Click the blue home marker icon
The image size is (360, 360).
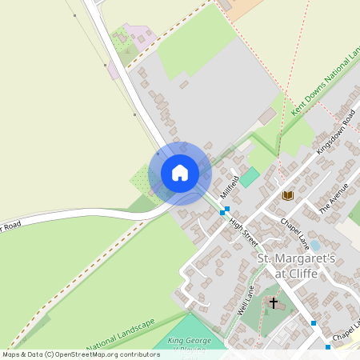pos(180,173)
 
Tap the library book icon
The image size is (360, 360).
pos(287,195)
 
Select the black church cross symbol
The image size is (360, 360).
pos(274,303)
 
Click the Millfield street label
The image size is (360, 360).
pos(230,186)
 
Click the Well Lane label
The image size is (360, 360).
pos(246,300)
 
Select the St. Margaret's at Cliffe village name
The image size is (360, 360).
pos(287,266)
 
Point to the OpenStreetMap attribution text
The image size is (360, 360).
pos(81,354)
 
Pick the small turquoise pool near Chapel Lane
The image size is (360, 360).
pos(314,245)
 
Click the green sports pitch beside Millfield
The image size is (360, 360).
pos(250,177)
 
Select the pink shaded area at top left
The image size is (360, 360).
pos(136,37)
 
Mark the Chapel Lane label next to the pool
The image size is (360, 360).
pos(293,233)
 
